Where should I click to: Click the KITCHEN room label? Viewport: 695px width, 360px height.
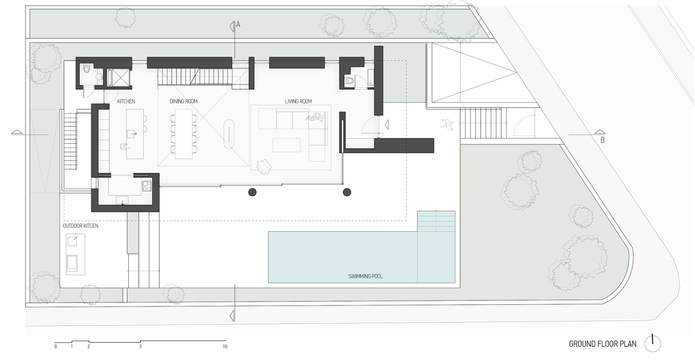126,101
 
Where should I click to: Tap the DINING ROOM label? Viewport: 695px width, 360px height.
184,101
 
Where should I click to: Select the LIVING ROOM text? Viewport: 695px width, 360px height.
298,101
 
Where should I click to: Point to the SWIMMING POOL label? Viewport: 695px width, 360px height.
365,276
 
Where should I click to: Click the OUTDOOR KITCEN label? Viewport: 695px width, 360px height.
80,226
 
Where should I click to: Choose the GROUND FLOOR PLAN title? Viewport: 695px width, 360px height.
602,344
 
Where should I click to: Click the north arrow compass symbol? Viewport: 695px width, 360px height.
652,343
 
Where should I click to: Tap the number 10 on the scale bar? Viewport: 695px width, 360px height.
225,347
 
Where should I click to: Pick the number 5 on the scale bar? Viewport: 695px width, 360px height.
141,347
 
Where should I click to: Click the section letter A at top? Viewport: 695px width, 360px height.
238,25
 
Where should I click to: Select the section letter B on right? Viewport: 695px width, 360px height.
602,140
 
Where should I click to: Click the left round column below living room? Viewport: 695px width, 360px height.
252,192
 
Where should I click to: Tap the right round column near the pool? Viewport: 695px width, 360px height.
347,192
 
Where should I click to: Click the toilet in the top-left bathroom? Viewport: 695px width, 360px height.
87,69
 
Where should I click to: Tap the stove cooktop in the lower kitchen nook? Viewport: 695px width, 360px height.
147,186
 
